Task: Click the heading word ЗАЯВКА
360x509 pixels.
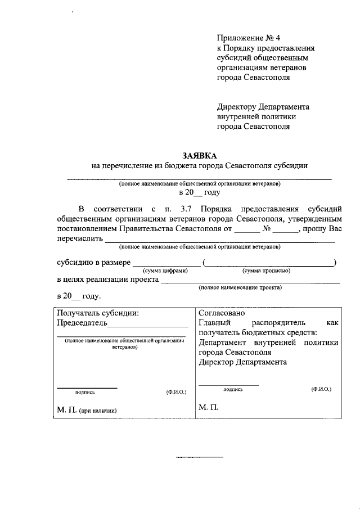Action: click(x=199, y=155)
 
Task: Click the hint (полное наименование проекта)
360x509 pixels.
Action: click(x=240, y=287)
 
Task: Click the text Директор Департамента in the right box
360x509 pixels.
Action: click(x=242, y=362)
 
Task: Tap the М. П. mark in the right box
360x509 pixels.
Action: click(x=208, y=407)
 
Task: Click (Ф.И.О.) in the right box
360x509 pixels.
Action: click(x=321, y=389)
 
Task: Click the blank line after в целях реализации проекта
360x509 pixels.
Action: click(x=250, y=282)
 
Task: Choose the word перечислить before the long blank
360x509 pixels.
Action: click(x=79, y=239)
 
